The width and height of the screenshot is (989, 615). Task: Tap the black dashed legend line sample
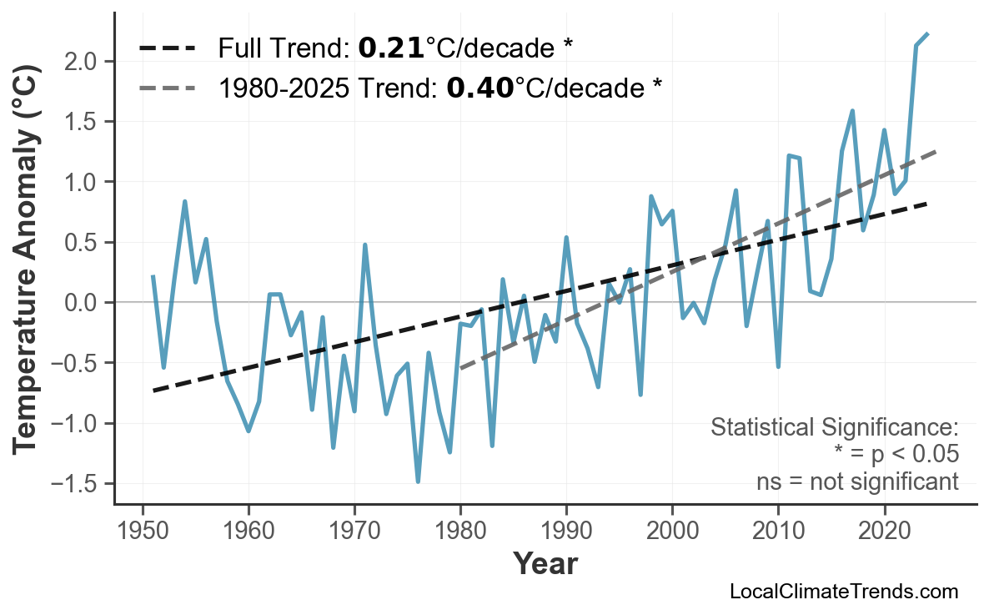click(167, 48)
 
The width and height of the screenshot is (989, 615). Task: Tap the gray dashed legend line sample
click(167, 87)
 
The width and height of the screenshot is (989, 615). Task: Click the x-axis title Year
click(545, 564)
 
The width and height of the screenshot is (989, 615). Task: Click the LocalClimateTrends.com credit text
click(843, 592)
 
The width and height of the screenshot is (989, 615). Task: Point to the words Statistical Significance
click(834, 428)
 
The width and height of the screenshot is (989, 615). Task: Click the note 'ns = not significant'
click(857, 481)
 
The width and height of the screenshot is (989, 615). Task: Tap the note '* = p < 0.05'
click(896, 455)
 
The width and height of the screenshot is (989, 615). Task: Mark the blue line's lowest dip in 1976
click(418, 481)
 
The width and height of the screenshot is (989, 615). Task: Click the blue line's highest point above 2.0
click(927, 33)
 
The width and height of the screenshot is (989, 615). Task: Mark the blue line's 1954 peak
click(184, 201)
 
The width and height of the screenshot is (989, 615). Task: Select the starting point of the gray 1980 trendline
click(460, 368)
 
